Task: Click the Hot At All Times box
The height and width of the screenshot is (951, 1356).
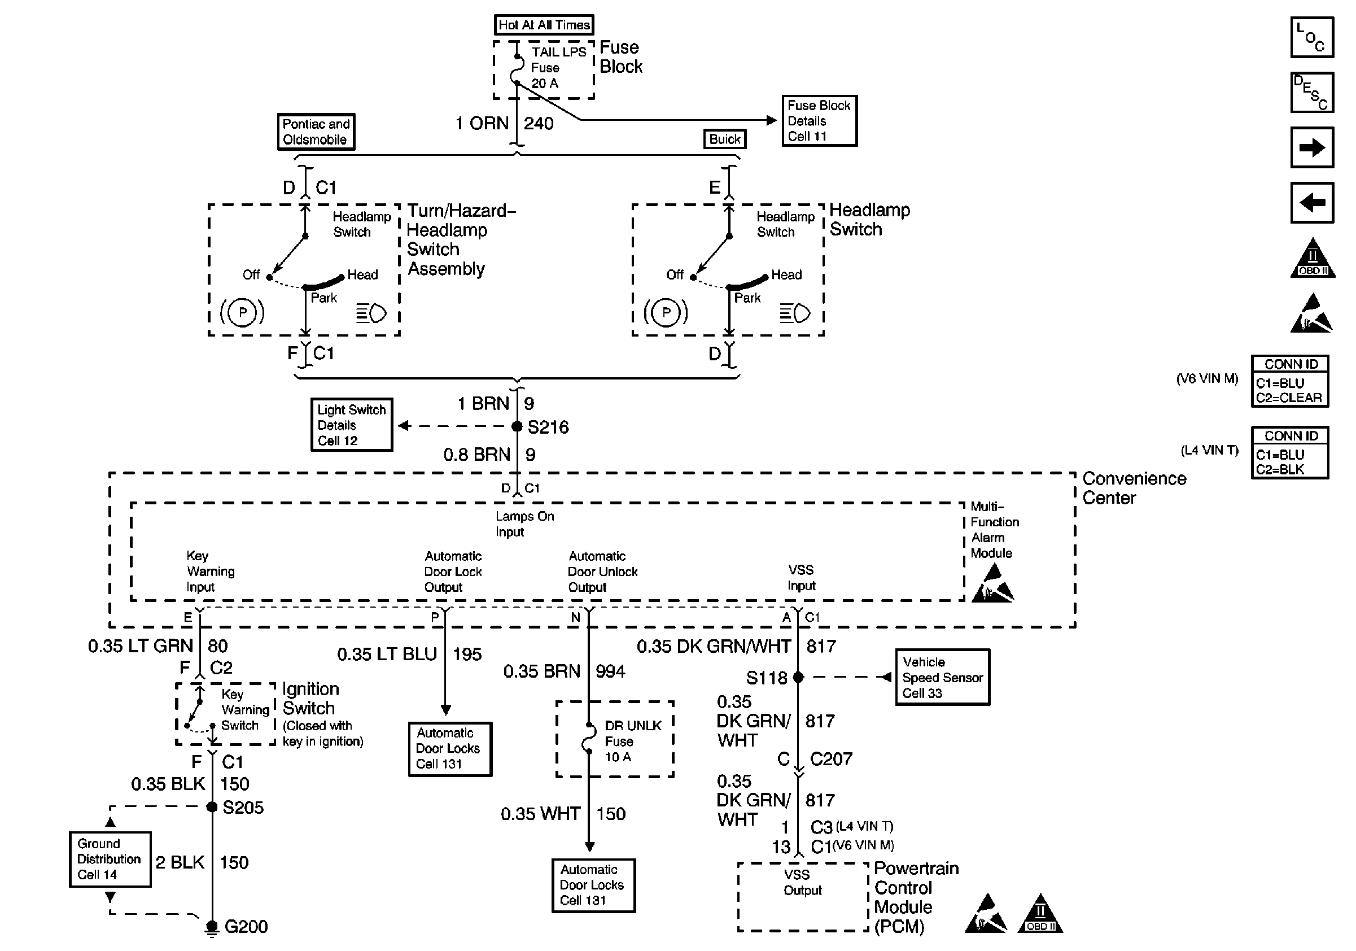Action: (x=543, y=25)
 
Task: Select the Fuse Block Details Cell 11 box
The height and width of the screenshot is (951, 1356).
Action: (x=819, y=120)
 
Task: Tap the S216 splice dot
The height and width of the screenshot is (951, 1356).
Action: (x=517, y=426)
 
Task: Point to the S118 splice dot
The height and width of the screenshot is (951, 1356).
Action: (x=798, y=678)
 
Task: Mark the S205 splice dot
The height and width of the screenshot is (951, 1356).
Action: (x=212, y=807)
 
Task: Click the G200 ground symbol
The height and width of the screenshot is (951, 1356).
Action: (x=212, y=928)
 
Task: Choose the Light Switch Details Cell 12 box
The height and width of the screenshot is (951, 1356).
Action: (x=351, y=425)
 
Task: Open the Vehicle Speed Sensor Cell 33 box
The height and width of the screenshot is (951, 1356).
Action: (x=942, y=678)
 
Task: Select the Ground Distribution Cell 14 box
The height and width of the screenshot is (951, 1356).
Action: (x=110, y=860)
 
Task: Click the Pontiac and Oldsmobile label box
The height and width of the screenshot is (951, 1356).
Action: (x=316, y=132)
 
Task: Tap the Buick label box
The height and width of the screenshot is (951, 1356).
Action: (x=725, y=139)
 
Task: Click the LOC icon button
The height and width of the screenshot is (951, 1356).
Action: (x=1312, y=37)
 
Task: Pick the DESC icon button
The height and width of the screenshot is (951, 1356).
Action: (x=1312, y=93)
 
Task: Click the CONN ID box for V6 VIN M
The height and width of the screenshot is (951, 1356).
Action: (x=1290, y=382)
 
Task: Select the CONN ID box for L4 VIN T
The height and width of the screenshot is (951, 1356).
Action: (x=1290, y=453)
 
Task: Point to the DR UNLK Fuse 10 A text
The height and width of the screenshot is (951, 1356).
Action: (x=632, y=741)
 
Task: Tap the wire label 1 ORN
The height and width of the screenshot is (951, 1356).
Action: (x=482, y=124)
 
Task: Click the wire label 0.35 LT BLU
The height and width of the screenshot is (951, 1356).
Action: (x=387, y=655)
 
